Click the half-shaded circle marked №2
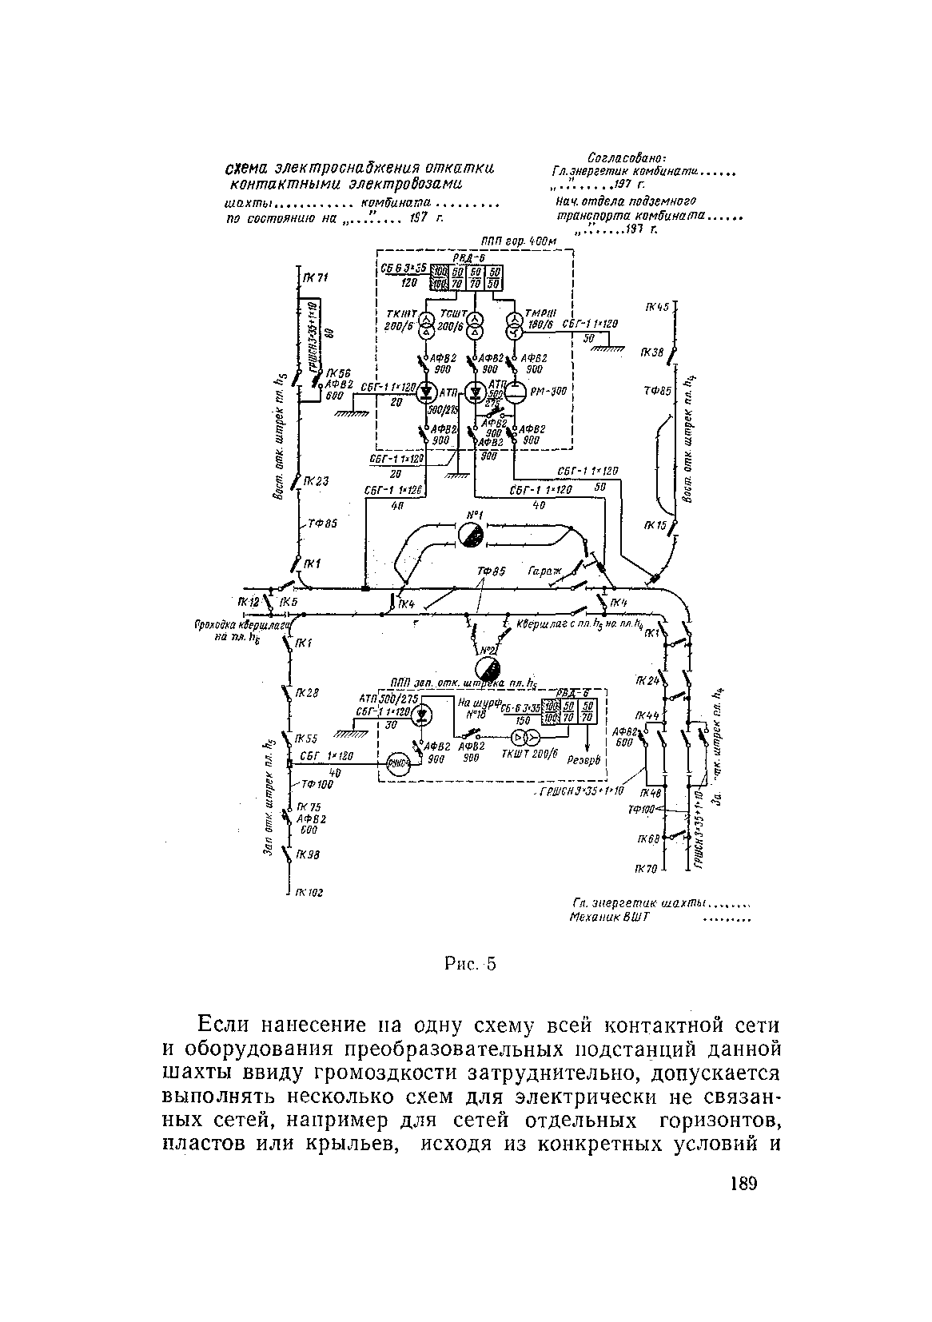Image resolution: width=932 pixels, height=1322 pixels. click(x=487, y=668)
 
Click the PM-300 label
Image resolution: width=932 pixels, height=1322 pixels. click(x=548, y=392)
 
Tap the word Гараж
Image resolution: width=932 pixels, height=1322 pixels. click(x=545, y=572)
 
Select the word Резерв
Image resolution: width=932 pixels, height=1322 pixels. click(x=583, y=762)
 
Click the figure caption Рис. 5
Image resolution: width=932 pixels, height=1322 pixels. click(x=471, y=964)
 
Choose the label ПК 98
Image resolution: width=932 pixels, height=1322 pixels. click(x=308, y=854)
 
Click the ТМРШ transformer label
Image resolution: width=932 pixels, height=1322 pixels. click(x=534, y=313)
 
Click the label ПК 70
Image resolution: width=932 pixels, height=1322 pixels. click(x=646, y=869)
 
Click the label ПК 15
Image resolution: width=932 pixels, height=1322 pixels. click(x=655, y=525)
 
